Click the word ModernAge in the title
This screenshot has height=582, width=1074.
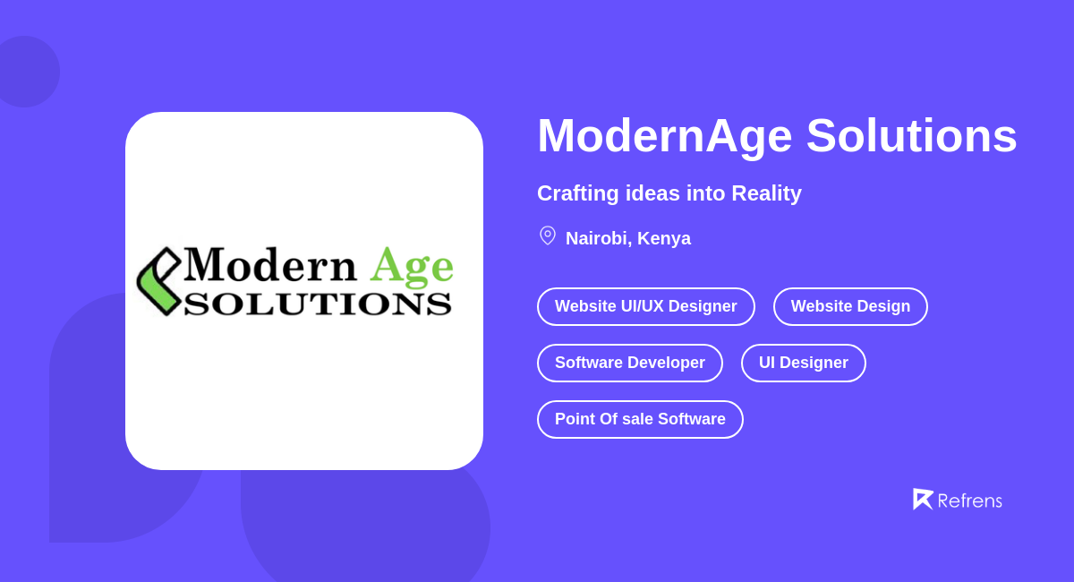[x=664, y=136]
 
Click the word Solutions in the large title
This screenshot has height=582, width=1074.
[x=911, y=136]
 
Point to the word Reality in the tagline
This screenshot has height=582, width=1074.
[x=766, y=193]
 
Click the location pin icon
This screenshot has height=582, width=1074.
[x=548, y=235]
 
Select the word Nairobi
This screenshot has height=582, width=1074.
[x=596, y=239]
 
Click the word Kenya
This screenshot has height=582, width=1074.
[x=664, y=239]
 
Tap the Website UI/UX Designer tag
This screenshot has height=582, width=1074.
[x=645, y=306]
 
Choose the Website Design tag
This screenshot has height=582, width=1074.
[x=850, y=306]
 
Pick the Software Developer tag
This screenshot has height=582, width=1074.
[x=629, y=363]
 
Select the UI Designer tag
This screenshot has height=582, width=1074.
[x=803, y=363]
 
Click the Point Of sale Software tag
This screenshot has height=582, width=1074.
[x=640, y=419]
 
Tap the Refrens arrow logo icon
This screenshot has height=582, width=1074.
[x=922, y=499]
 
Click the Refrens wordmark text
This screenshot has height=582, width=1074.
[x=969, y=501]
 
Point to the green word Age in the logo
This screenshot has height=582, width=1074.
[x=412, y=266]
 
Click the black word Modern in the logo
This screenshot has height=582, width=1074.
[x=270, y=265]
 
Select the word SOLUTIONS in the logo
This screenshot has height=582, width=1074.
[x=318, y=304]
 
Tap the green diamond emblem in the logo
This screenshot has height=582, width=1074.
[x=158, y=281]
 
